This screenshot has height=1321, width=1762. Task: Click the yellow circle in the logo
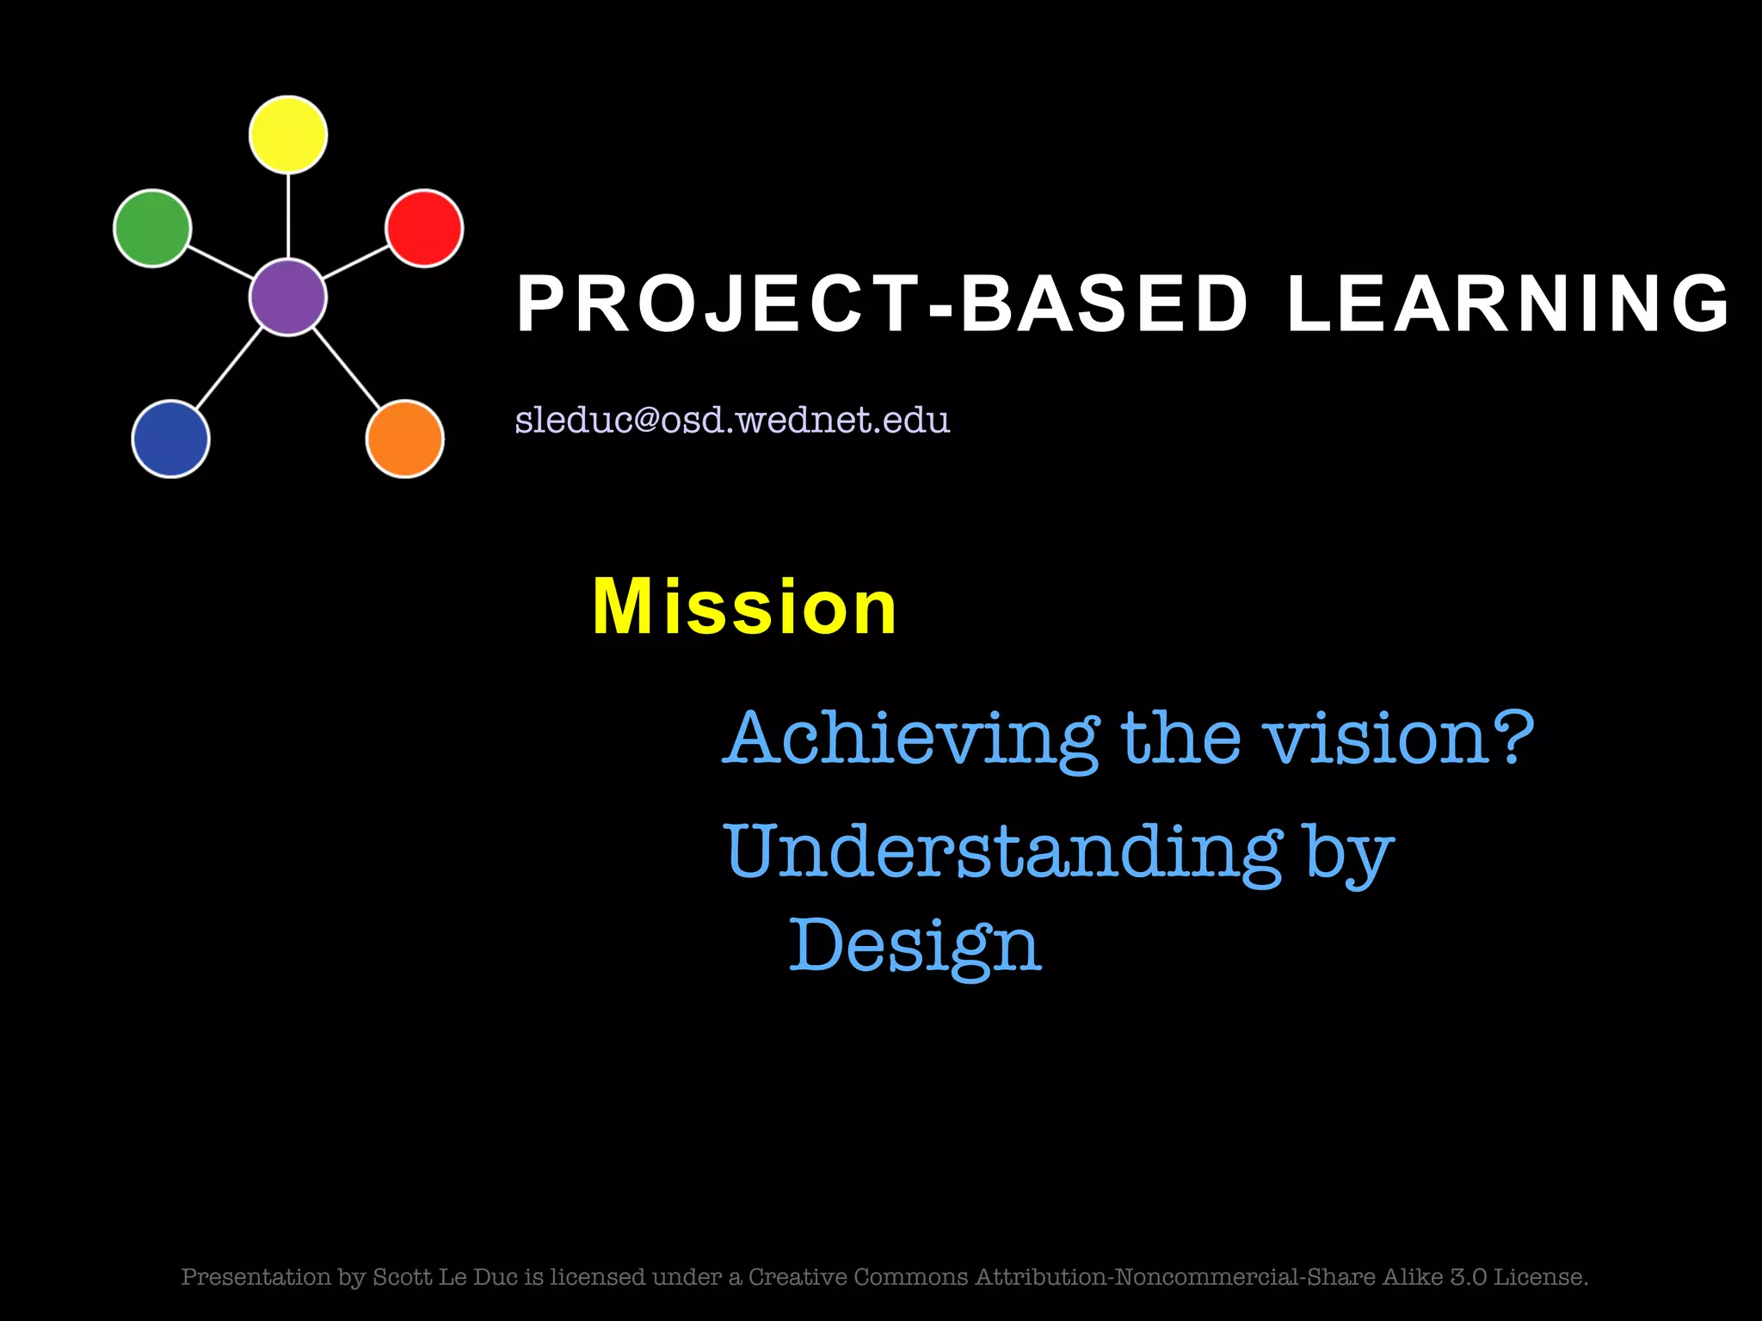point(288,135)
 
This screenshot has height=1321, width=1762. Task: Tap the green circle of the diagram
point(152,228)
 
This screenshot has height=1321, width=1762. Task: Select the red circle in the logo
point(424,228)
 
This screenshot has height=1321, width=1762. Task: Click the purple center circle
point(288,297)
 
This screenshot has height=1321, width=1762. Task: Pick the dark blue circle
point(170,439)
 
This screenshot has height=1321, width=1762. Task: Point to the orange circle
point(404,439)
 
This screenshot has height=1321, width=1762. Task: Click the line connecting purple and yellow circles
point(288,215)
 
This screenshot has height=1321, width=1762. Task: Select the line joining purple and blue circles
point(229,368)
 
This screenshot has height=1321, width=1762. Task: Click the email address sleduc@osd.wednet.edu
point(732,420)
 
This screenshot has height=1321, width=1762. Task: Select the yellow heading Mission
point(745,607)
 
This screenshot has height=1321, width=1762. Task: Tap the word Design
point(915,946)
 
